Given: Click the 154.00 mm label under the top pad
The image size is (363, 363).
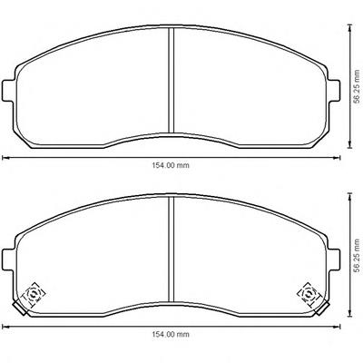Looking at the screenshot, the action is point(171,165).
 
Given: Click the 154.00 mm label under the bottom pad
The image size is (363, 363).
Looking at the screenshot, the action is point(171,335).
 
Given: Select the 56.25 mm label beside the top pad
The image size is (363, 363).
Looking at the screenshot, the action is point(358,87).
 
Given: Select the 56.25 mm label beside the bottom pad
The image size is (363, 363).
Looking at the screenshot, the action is point(358,256).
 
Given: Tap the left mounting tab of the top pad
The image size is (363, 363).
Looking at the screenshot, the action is point(8,91).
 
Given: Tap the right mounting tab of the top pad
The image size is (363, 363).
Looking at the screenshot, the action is point(334,91).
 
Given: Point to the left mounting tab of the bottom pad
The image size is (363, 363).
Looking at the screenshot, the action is point(8,260).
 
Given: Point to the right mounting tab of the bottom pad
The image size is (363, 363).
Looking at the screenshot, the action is point(334,260).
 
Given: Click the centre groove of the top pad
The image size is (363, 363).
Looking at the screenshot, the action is point(172,80).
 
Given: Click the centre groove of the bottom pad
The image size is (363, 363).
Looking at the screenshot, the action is point(172,250).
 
